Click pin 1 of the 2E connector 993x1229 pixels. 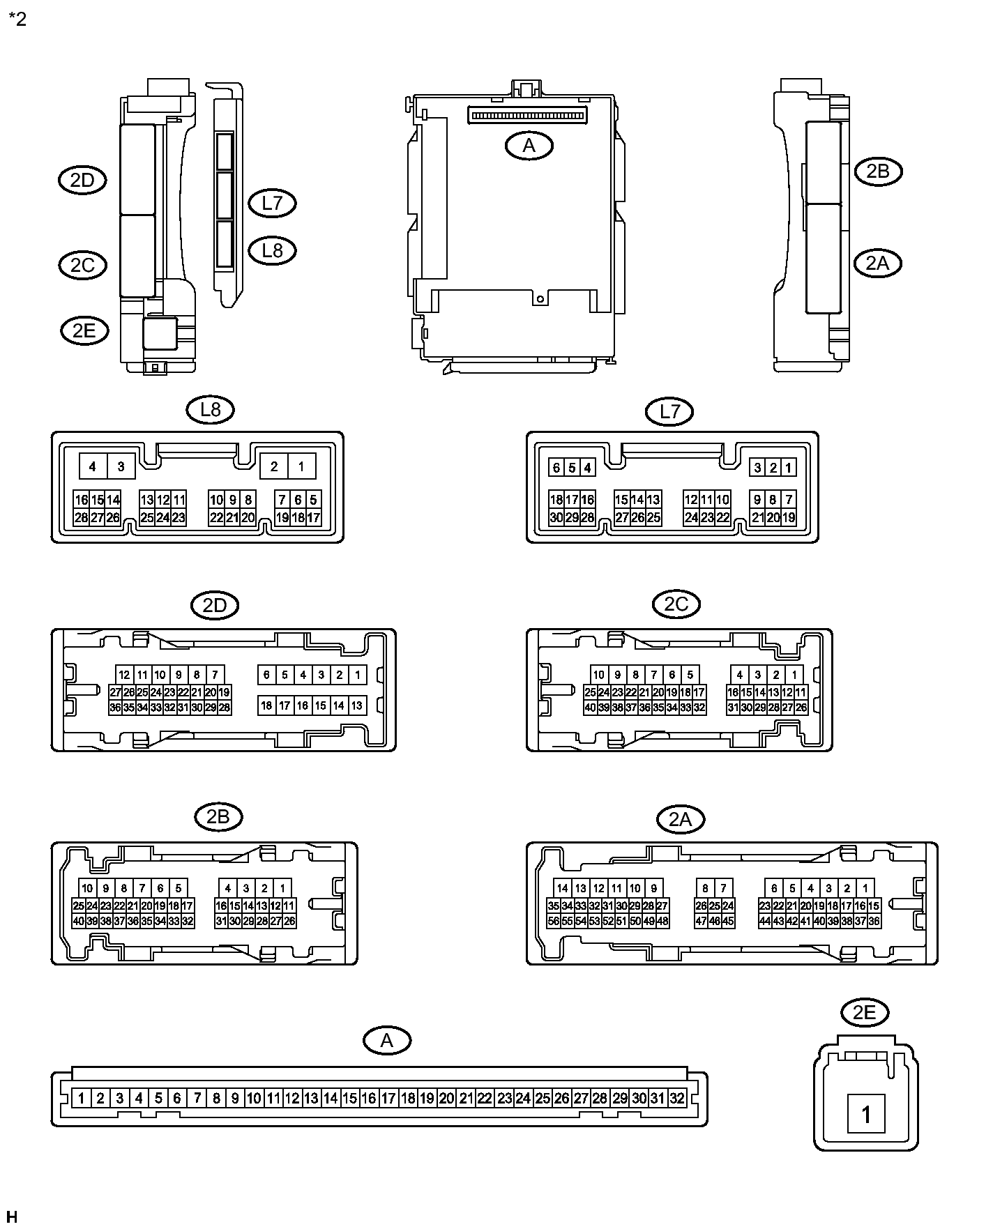[865, 1114]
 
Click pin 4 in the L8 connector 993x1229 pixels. [93, 466]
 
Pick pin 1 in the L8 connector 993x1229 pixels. [301, 466]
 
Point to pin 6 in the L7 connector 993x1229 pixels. [556, 468]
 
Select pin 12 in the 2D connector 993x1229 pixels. [125, 674]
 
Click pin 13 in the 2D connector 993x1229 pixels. [356, 705]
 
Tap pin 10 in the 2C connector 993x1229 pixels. [599, 674]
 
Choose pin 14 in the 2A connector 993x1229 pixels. [563, 888]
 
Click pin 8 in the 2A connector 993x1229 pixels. [706, 888]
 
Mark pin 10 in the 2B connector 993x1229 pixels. [87, 888]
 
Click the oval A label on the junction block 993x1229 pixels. [529, 146]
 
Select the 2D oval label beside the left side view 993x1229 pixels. [82, 181]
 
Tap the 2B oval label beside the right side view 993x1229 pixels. [877, 171]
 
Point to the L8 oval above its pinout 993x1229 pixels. [210, 410]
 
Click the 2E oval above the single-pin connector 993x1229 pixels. [864, 1012]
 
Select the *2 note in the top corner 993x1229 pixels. [17, 19]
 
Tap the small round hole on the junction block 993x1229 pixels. [539, 299]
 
